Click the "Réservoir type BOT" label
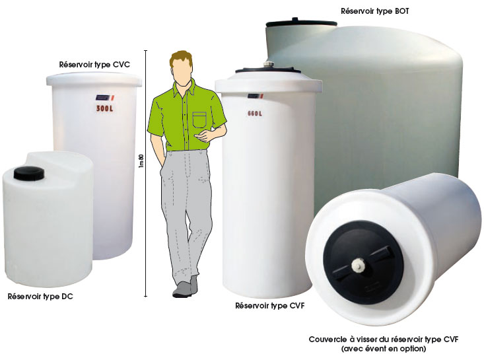click(375, 11)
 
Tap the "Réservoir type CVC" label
click(94, 65)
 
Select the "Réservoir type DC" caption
click(40, 297)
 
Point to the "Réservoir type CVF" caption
click(270, 306)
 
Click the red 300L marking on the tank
click(104, 108)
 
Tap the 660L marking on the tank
click(255, 114)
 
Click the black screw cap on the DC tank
click(28, 173)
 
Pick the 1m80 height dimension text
click(141, 161)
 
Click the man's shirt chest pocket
click(199, 120)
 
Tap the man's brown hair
click(181, 59)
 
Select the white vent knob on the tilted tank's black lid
click(358, 265)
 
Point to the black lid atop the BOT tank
click(301, 22)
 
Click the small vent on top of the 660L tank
click(267, 65)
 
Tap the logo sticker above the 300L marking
click(104, 98)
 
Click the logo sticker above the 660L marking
click(256, 96)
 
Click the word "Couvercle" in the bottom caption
click(328, 340)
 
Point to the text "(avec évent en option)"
click(384, 349)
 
